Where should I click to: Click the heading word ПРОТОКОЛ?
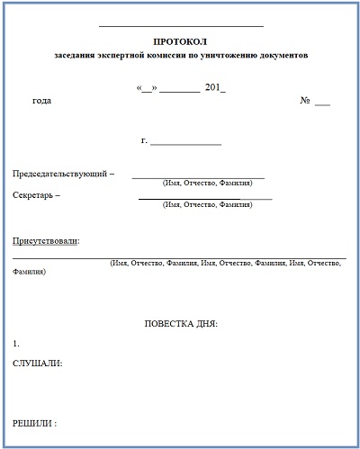[x=180, y=41]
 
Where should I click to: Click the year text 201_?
[x=215, y=88]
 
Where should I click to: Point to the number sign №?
[x=305, y=101]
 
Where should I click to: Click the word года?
[x=41, y=101]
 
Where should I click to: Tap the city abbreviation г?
[x=144, y=140]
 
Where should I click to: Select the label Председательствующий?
[x=60, y=173]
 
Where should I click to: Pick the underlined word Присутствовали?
[x=45, y=240]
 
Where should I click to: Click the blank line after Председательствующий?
[x=198, y=177]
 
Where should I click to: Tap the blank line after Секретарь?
[x=204, y=198]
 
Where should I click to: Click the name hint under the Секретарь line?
[x=207, y=205]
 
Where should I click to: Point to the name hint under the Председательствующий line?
[x=207, y=184]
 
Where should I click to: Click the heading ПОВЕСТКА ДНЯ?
[x=181, y=323]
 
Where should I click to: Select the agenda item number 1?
[x=16, y=344]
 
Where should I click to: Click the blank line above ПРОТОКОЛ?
[x=180, y=26]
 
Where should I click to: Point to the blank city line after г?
[x=185, y=144]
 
